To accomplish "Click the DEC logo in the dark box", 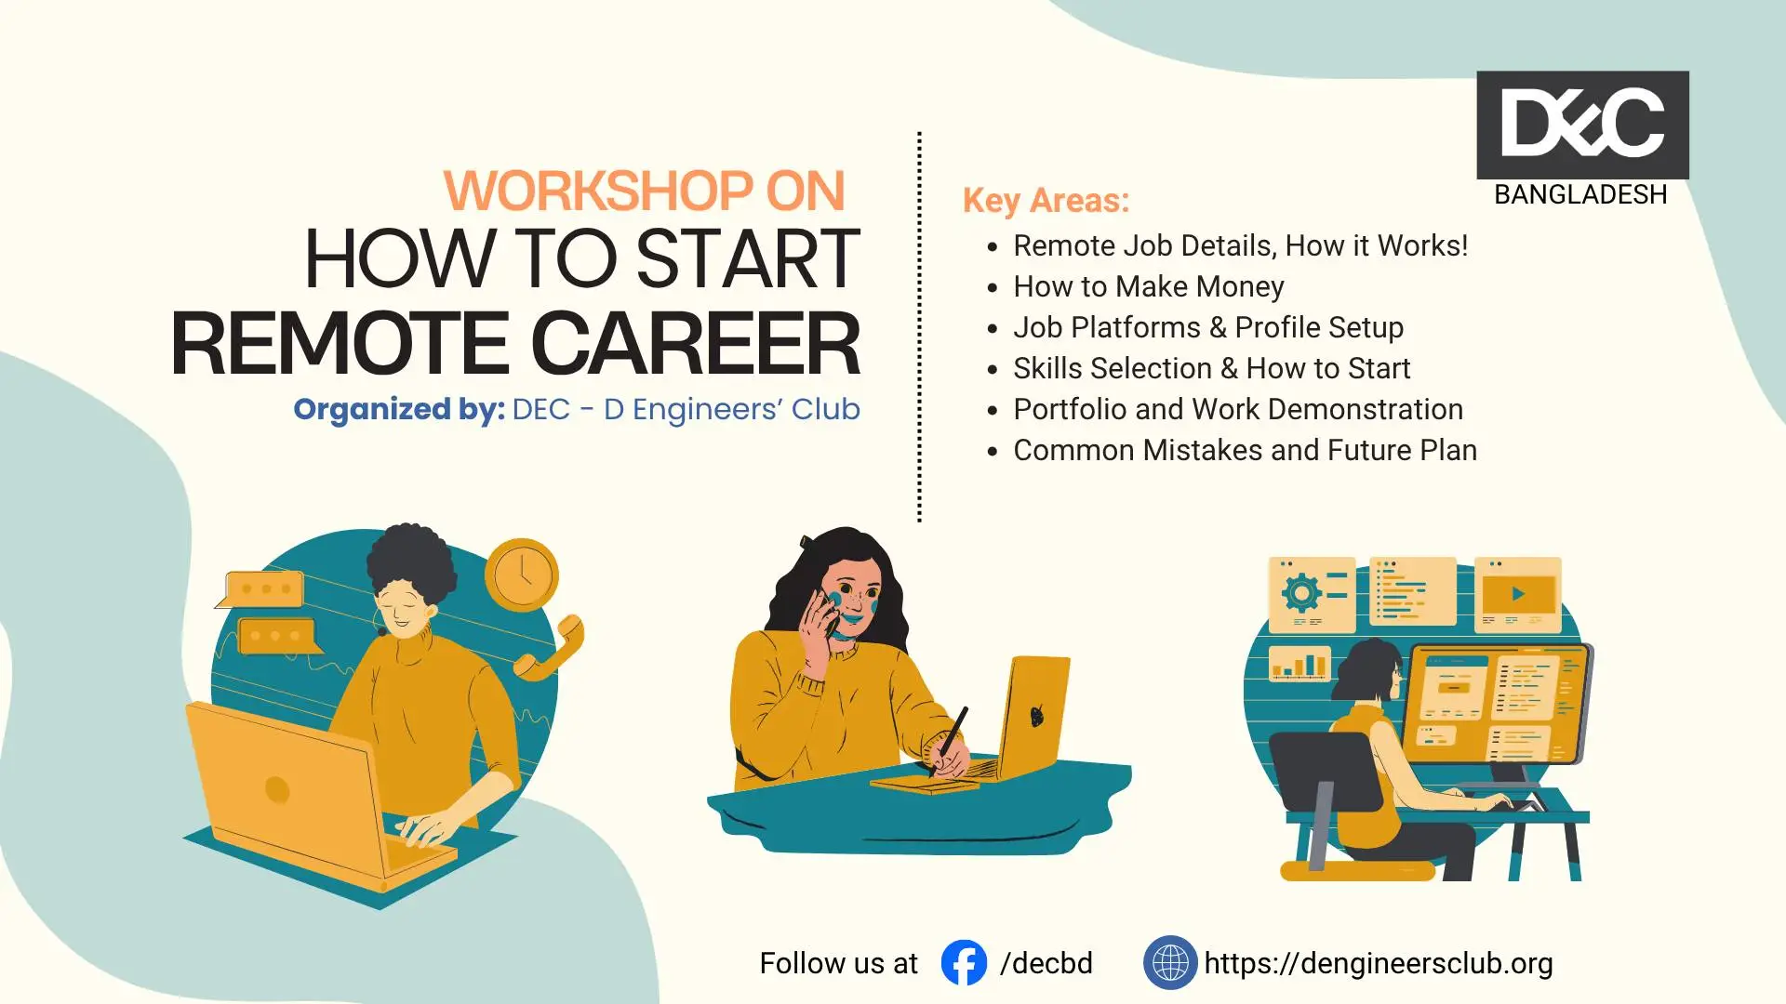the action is pyautogui.click(x=1582, y=124).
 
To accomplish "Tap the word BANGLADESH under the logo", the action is pyautogui.click(x=1580, y=195).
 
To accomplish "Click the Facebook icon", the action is pyautogui.click(x=964, y=962).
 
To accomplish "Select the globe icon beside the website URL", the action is pyautogui.click(x=1170, y=962).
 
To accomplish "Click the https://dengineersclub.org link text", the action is pyautogui.click(x=1379, y=964).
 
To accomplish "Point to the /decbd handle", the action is pyautogui.click(x=1046, y=963).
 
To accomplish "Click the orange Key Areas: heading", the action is pyautogui.click(x=1046, y=201).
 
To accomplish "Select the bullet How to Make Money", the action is pyautogui.click(x=1149, y=286).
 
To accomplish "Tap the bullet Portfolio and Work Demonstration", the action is pyautogui.click(x=1238, y=409).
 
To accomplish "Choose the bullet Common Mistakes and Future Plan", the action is pyautogui.click(x=1246, y=450).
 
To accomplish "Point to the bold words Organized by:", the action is pyautogui.click(x=399, y=409).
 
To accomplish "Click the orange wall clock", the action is pyautogui.click(x=522, y=575).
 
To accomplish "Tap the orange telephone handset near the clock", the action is pyautogui.click(x=549, y=647).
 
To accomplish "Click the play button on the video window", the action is pyautogui.click(x=1518, y=594).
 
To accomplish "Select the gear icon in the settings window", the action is pyautogui.click(x=1301, y=592).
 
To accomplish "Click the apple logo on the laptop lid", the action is pyautogui.click(x=1037, y=715).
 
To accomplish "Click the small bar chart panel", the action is pyautogui.click(x=1300, y=664).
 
